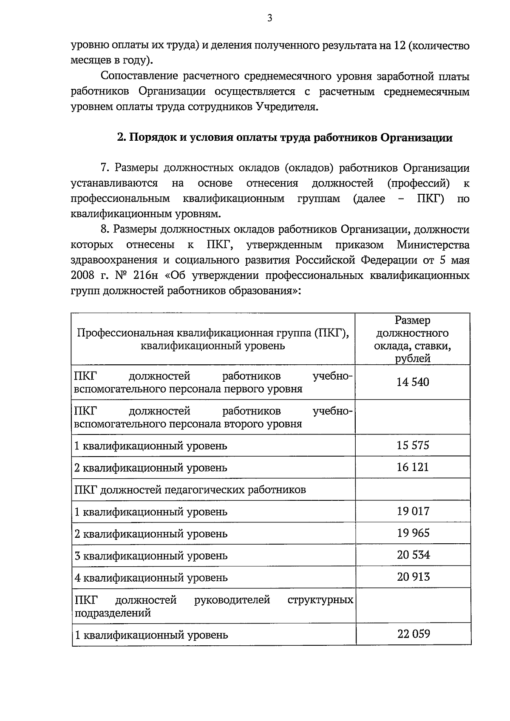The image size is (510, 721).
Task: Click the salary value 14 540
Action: click(x=413, y=382)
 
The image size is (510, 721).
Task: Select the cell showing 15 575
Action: click(x=413, y=445)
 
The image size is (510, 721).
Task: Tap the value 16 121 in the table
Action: click(x=413, y=467)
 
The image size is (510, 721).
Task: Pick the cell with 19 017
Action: click(x=413, y=511)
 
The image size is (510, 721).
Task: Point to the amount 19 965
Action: click(x=413, y=533)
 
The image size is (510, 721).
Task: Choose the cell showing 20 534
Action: click(x=413, y=555)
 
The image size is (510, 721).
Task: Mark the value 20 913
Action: click(x=413, y=577)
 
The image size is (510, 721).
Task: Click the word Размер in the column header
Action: click(x=412, y=320)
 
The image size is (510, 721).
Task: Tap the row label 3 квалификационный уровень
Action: click(x=151, y=556)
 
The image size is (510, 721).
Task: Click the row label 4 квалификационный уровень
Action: click(x=151, y=578)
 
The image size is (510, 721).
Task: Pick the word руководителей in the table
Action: click(x=232, y=600)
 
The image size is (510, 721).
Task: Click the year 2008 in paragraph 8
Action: click(x=82, y=275)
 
